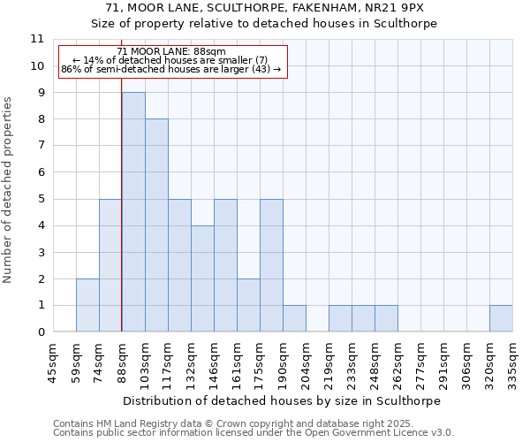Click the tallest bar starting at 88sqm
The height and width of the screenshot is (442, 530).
coord(133,212)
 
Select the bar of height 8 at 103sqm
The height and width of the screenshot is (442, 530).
coord(156,225)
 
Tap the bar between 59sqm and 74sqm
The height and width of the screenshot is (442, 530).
coord(87,306)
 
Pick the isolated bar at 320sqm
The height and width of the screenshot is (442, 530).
coord(501,319)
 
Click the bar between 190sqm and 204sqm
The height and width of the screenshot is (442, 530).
coord(294,319)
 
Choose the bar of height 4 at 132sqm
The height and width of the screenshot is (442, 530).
coord(202,278)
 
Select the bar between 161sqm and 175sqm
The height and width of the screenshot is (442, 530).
coord(248,306)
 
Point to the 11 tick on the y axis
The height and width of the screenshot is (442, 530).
coord(36,39)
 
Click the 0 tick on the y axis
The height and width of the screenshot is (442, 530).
coord(40,332)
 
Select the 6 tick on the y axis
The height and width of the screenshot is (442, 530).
coord(40,172)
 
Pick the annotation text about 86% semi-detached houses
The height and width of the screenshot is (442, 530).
coord(171,69)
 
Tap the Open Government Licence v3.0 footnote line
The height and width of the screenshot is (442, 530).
coord(254,433)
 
